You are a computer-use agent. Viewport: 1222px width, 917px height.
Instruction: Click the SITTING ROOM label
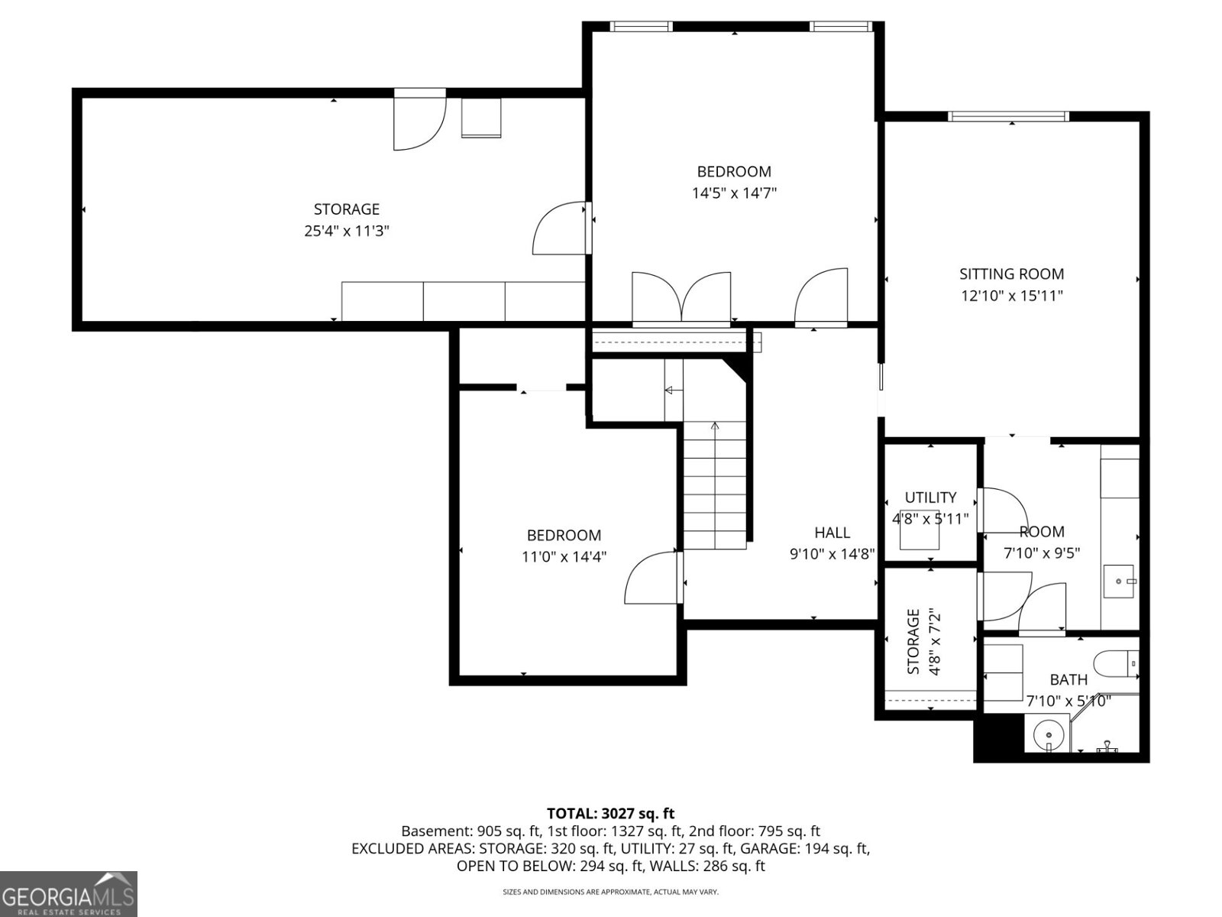(x=1011, y=274)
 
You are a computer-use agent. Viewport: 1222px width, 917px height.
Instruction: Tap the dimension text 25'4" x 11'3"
(x=347, y=231)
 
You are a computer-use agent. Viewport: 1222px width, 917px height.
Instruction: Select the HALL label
(x=832, y=533)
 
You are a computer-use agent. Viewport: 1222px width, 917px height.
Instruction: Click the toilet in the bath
(x=1115, y=663)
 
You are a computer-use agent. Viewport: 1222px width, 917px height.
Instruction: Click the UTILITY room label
(x=930, y=497)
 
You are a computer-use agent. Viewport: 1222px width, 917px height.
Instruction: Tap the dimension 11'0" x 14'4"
(x=564, y=557)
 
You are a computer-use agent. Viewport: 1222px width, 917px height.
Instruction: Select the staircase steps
(x=714, y=489)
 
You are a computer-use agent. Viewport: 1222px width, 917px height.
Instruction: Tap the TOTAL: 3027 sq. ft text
(x=610, y=813)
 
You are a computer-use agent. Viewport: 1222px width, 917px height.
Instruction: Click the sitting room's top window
(x=1007, y=116)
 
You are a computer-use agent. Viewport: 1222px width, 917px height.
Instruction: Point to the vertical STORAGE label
(x=913, y=642)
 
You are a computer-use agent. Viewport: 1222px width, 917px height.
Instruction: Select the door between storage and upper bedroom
(x=561, y=228)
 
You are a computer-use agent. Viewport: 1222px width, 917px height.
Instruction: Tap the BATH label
(x=1068, y=679)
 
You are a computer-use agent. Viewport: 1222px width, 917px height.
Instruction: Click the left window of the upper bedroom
(x=642, y=27)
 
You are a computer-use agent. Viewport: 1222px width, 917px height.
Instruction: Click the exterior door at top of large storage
(x=419, y=120)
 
